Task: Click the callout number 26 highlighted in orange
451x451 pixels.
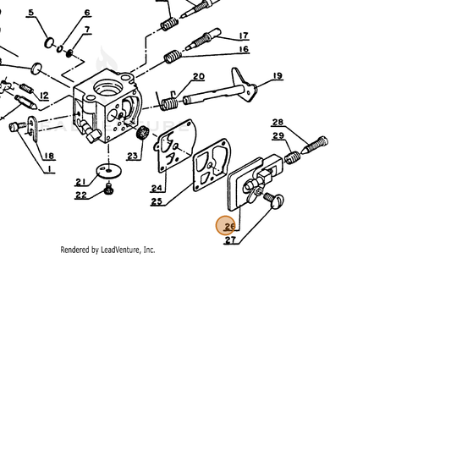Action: tap(229, 227)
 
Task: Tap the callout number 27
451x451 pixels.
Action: tap(230, 239)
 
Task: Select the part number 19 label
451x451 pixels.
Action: tap(278, 76)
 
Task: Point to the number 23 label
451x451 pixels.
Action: tap(132, 156)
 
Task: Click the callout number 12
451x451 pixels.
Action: tap(44, 96)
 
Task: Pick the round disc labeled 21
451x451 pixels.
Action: tap(108, 171)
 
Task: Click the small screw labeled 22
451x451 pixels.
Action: tap(108, 188)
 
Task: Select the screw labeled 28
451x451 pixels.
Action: tap(315, 146)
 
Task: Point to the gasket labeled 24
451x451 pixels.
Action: tap(175, 146)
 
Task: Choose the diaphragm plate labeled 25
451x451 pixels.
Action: tap(212, 164)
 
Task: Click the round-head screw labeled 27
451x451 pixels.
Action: tap(274, 200)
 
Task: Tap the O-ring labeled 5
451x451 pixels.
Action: tap(49, 42)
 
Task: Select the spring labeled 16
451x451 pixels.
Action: tap(173, 57)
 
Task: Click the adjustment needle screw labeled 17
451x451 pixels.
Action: tap(203, 39)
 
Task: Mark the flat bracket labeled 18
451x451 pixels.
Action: tap(33, 129)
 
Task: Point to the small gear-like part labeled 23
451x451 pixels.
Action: tap(142, 133)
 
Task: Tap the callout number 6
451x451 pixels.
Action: tap(87, 13)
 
